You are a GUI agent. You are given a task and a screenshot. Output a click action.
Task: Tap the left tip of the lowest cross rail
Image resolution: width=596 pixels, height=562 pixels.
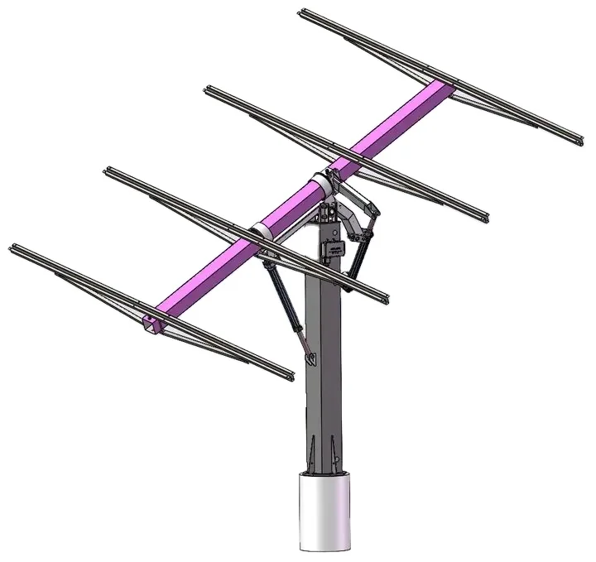[12, 247]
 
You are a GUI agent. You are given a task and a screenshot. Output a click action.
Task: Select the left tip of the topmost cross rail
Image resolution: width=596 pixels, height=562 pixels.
[302, 13]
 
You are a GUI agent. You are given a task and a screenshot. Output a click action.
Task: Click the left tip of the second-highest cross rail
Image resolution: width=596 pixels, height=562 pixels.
[206, 89]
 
